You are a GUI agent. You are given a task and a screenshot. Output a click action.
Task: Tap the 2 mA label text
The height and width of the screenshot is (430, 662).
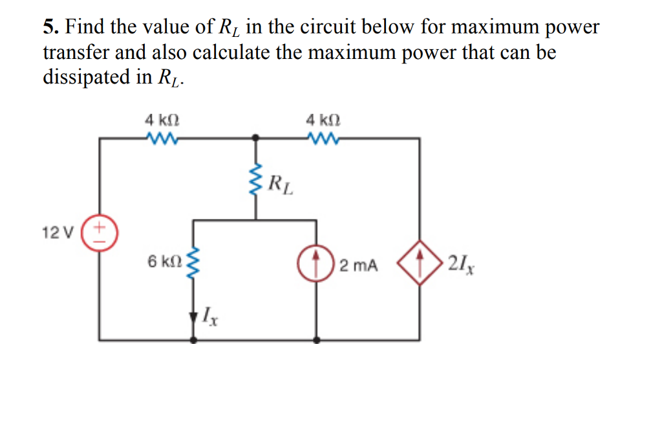point(359,265)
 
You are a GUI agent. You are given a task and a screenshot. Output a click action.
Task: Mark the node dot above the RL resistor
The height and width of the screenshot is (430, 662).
point(257,138)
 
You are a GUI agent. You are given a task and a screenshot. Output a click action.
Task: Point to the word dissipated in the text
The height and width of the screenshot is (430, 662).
point(87,76)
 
